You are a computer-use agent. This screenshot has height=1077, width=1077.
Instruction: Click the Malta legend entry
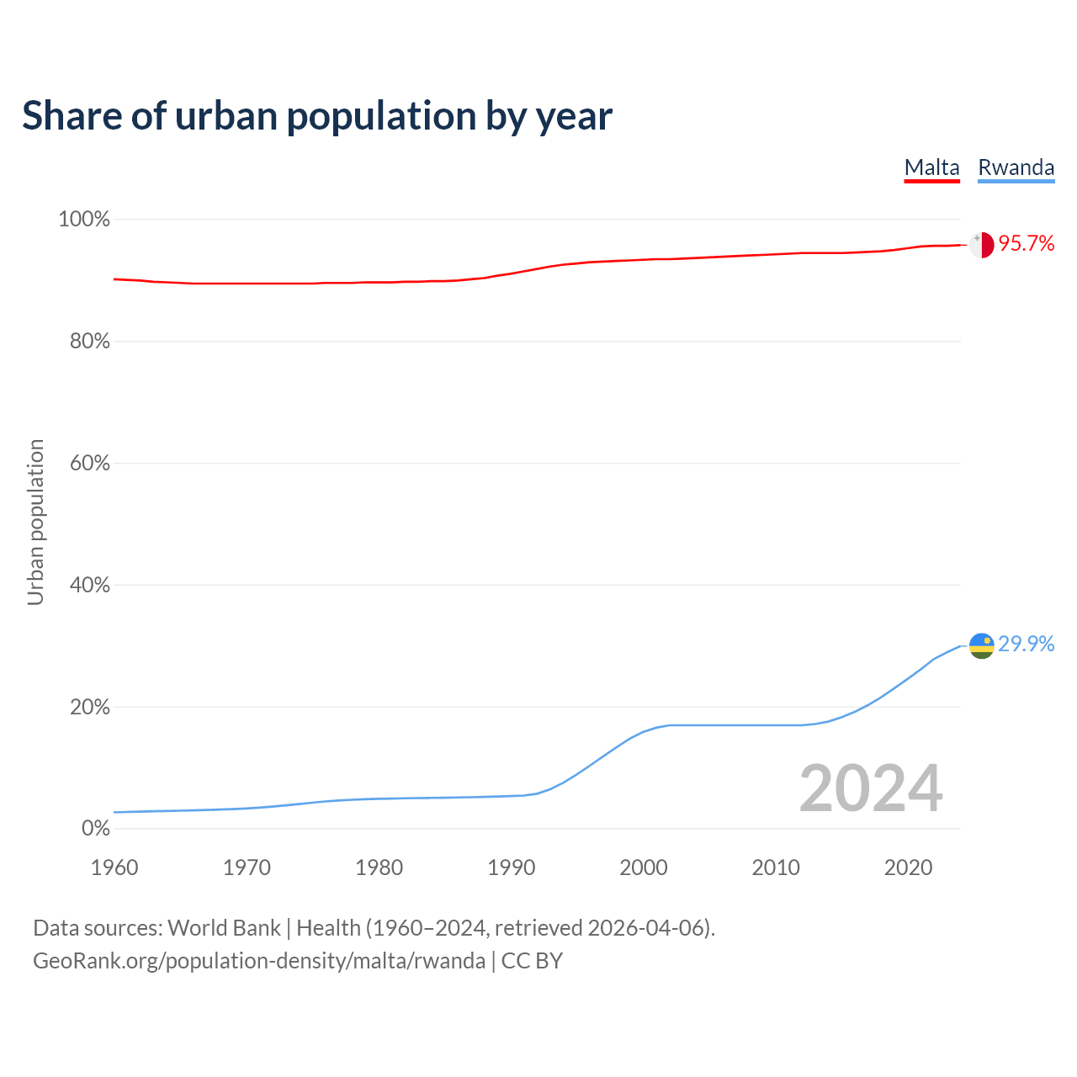[x=931, y=167]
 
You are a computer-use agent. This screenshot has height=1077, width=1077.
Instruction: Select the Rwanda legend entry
[x=1016, y=167]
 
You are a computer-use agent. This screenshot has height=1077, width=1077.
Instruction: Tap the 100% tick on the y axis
[x=84, y=220]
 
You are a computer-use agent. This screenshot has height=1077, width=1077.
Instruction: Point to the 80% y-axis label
[x=88, y=342]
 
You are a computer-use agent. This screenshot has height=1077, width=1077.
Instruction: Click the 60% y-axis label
[x=88, y=464]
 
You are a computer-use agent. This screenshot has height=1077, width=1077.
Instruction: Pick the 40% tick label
[x=88, y=586]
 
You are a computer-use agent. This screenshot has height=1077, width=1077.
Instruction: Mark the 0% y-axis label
[x=95, y=829]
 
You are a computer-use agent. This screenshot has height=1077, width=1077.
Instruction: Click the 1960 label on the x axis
[x=114, y=867]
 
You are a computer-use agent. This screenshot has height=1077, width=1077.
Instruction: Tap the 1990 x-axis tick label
[x=512, y=867]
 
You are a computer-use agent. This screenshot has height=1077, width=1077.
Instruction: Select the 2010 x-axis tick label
[x=776, y=867]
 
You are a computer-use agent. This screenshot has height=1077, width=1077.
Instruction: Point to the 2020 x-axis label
[x=908, y=867]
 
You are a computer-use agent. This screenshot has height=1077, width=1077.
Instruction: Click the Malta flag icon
[x=981, y=245]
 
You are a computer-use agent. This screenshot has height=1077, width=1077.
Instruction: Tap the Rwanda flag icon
[x=981, y=645]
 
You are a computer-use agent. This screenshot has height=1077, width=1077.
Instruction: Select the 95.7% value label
[x=1027, y=244]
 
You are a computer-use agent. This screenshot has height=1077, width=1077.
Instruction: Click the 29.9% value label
[x=1027, y=645]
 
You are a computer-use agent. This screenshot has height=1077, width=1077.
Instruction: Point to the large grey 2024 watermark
[x=871, y=788]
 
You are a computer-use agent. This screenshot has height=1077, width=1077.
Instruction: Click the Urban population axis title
[x=35, y=522]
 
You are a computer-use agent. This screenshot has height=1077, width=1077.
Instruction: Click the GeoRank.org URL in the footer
[x=259, y=961]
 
